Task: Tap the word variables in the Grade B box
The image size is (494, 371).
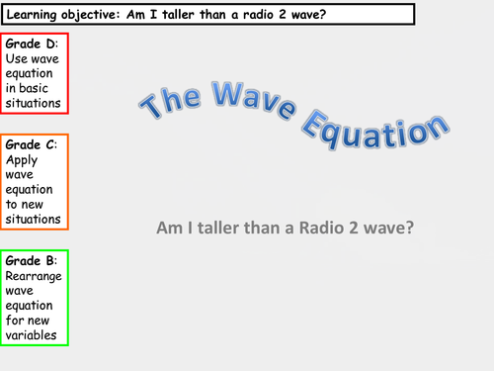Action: [x=33, y=335]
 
